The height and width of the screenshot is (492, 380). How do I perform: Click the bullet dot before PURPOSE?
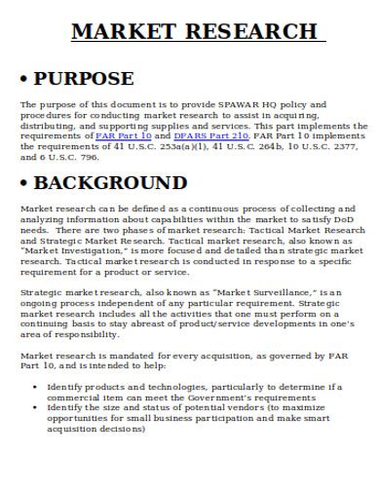[x=25, y=79]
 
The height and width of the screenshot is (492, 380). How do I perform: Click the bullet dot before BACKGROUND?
[x=25, y=184]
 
